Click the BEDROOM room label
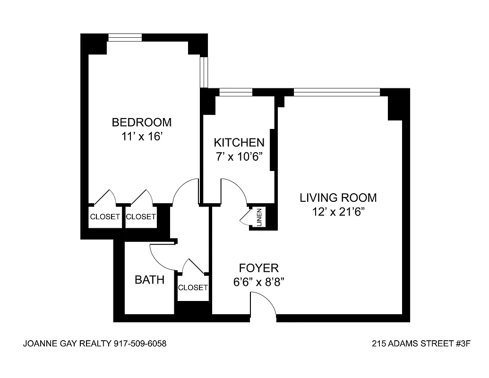[141, 122]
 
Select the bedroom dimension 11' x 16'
[141, 137]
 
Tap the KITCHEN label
[239, 142]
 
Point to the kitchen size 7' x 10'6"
[239, 156]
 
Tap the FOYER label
[258, 268]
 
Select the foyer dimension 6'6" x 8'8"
[258, 282]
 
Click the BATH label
[150, 280]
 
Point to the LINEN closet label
[259, 218]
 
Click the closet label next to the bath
[193, 287]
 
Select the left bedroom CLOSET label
[105, 217]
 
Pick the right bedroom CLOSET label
[141, 217]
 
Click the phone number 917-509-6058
[140, 344]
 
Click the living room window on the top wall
[336, 92]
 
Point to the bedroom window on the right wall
[204, 72]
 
